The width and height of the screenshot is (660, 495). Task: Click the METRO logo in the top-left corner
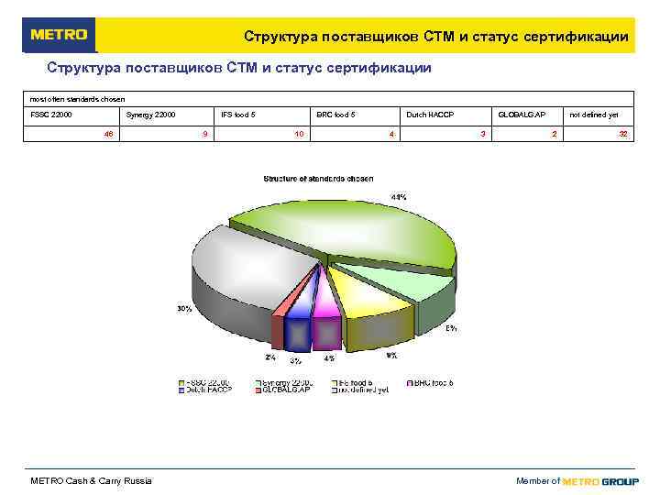pos(59,35)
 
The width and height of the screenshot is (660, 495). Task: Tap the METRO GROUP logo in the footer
pos(600,481)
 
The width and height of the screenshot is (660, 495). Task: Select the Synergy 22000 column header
pos(150,115)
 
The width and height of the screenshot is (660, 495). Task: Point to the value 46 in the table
pos(108,134)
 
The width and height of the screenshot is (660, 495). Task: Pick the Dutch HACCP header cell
pos(430,115)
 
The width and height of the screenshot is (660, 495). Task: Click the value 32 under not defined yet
pos(622,134)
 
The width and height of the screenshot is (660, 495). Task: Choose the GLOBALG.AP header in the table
pos(522,115)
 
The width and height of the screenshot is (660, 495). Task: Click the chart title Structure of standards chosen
pos(318,178)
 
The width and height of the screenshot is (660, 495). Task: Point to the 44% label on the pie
pos(399,197)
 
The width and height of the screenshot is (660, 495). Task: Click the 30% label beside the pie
pos(184,309)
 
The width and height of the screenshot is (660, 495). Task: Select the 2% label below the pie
pos(269,357)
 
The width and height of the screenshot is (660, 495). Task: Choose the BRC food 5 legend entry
pos(432,381)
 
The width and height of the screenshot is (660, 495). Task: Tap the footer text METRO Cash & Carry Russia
pos(92,481)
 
